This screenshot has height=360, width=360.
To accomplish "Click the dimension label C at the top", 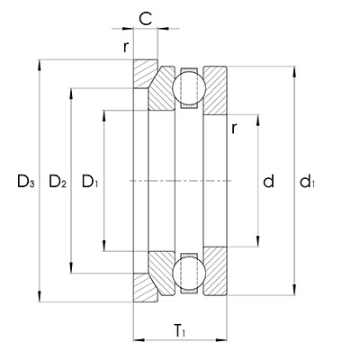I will (146, 16).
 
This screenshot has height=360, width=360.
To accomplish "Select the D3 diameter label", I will (25, 183).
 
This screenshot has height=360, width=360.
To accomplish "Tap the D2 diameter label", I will (57, 183).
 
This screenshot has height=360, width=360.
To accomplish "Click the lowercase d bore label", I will (267, 182).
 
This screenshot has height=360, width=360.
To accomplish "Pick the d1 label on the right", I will (309, 183).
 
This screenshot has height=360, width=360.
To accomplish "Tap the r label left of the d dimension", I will (233, 128).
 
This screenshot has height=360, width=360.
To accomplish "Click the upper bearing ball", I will (189, 88).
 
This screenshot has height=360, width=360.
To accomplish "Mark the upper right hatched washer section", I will (216, 90).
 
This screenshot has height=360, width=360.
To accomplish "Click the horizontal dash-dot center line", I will (180, 182).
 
